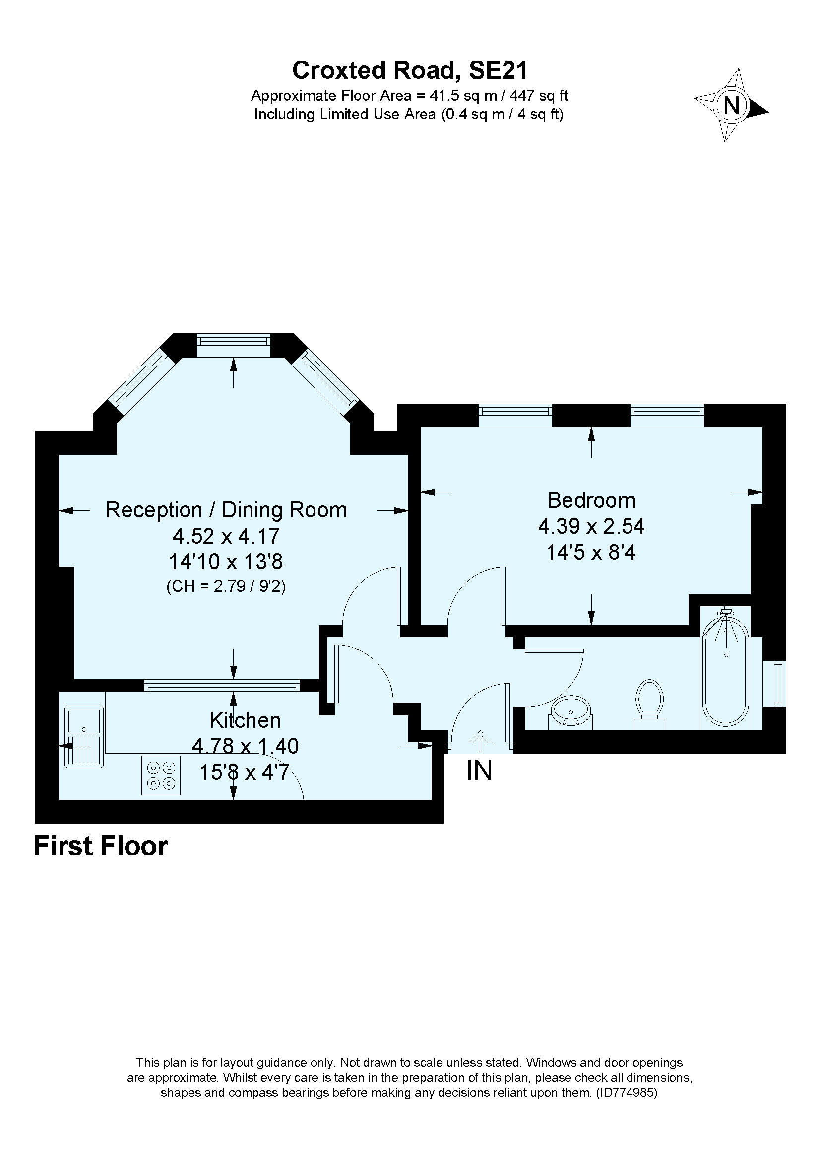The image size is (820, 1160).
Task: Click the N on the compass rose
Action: tap(732, 106)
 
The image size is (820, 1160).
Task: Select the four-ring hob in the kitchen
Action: tap(161, 775)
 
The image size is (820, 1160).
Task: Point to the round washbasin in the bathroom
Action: tap(571, 712)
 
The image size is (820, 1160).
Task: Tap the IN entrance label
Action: tap(479, 771)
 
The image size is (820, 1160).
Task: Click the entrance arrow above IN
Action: tap(480, 740)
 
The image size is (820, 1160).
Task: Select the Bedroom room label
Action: tap(592, 500)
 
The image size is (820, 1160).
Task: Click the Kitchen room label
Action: tap(245, 720)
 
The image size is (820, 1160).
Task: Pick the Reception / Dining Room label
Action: tap(226, 510)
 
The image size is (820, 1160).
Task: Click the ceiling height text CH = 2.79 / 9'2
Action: tap(226, 586)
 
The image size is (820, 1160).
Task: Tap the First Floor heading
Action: tap(101, 846)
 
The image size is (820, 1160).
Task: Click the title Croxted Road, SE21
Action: tap(410, 70)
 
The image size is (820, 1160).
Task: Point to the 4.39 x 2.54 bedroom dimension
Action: tap(591, 527)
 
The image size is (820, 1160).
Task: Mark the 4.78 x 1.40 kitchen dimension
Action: tap(246, 746)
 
